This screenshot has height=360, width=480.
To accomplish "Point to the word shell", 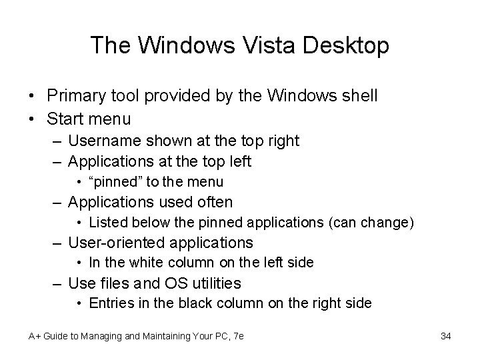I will [359, 96].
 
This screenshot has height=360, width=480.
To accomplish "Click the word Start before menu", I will [64, 119].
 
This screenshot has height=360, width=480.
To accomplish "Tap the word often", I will [212, 202].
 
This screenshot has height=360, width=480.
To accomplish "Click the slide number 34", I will [446, 336].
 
